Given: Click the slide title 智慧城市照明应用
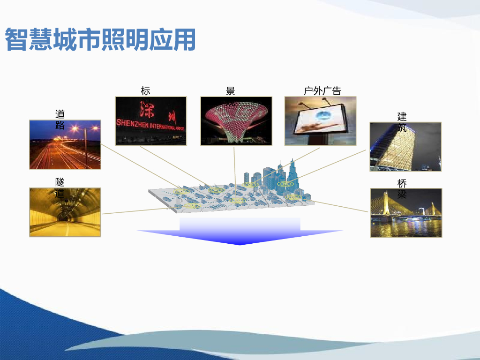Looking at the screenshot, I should (100, 40).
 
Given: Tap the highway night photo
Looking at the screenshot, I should (65, 144).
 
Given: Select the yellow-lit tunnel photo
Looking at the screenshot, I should (65, 212).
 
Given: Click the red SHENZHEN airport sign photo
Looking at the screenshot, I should (151, 120).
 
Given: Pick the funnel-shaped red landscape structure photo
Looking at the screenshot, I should (235, 120).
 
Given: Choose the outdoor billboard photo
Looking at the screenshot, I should (320, 120).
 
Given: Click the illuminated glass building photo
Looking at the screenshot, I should (405, 146).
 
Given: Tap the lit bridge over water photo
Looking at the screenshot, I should (405, 213).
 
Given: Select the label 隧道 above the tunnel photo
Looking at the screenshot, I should (60, 187).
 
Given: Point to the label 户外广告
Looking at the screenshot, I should (322, 91).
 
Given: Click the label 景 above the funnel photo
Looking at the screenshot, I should (231, 91).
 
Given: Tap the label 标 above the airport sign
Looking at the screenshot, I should (146, 91).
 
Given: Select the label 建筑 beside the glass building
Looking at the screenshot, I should (402, 122).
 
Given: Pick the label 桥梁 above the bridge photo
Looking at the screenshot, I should (402, 188).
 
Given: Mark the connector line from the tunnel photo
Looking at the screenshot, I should (136, 210).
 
